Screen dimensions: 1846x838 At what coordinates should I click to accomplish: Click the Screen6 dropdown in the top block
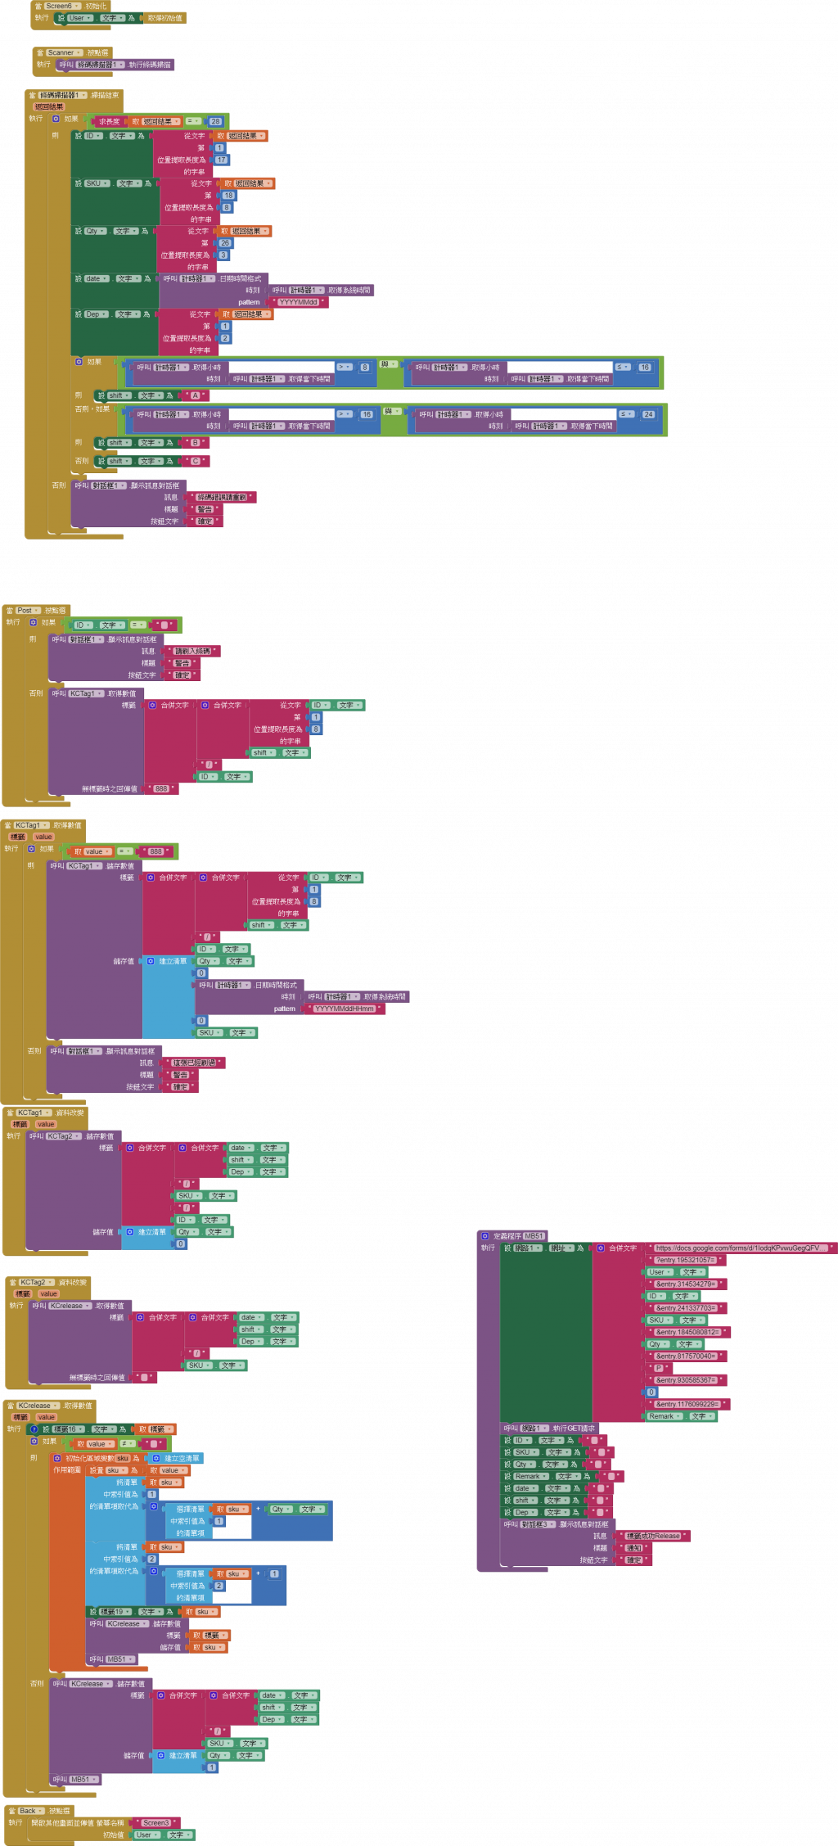pos(60,6)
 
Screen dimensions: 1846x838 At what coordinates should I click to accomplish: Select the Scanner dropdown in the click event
pos(62,52)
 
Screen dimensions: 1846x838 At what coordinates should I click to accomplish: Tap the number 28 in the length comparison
pos(215,121)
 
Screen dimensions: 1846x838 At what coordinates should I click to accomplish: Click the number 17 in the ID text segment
pos(221,160)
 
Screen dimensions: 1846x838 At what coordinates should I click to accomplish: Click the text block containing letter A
pos(195,395)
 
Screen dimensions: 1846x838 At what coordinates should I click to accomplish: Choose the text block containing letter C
pos(195,462)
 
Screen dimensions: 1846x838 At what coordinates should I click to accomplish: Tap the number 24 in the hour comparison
pos(648,414)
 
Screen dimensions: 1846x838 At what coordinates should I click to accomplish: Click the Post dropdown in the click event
pos(26,610)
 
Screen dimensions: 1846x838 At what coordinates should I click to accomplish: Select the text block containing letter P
pos(659,1368)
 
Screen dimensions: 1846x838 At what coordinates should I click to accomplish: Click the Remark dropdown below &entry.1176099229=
pos(664,1416)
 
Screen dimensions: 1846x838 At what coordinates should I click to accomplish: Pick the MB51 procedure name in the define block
pos(533,1236)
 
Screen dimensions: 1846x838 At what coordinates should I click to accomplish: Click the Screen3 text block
pos(156,1823)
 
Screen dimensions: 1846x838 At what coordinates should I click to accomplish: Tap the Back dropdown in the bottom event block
pos(29,1811)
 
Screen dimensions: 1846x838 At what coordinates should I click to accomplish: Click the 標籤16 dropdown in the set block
pos(65,1429)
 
